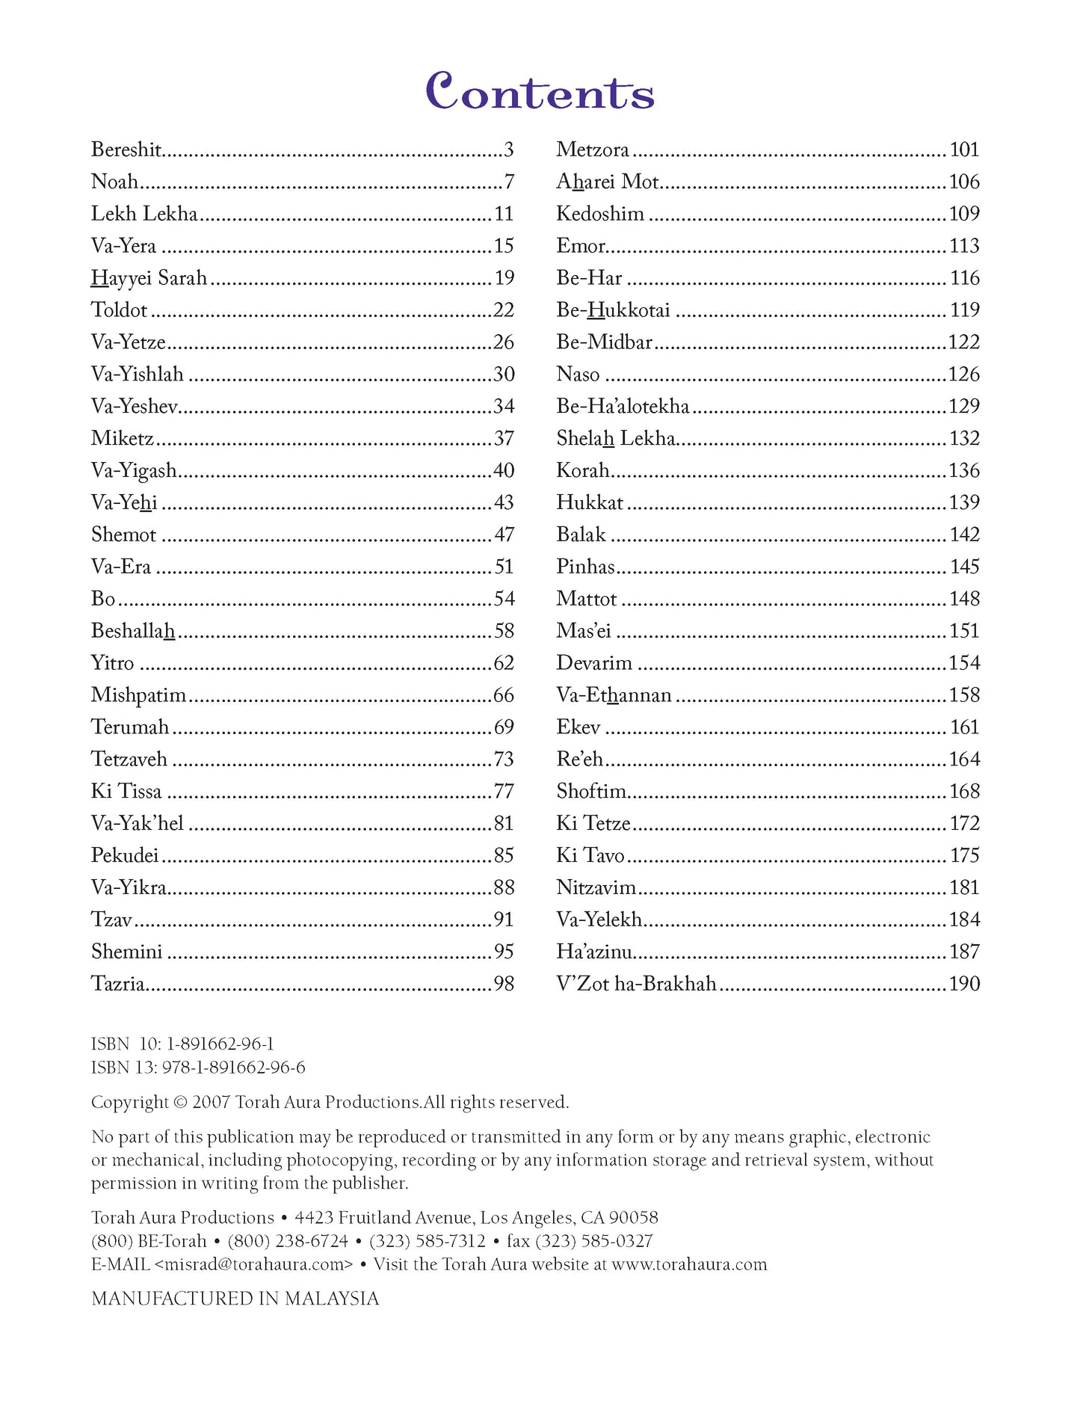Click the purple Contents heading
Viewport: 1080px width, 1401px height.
click(540, 92)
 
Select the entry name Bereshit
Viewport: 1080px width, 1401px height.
click(126, 150)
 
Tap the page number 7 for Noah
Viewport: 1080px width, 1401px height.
click(509, 182)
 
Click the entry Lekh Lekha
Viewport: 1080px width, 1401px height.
click(144, 214)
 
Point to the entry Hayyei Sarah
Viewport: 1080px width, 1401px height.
click(149, 278)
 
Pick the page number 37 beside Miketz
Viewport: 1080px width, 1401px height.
click(504, 438)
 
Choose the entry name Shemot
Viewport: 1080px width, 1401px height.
click(123, 535)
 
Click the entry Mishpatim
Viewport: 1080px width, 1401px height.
click(138, 695)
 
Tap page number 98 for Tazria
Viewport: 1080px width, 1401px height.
click(504, 984)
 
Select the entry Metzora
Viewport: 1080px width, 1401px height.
click(593, 150)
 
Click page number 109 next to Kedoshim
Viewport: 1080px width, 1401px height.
click(964, 214)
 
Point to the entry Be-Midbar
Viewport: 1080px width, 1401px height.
click(604, 342)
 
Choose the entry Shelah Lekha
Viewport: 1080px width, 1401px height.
click(616, 438)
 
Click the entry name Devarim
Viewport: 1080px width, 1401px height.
click(594, 663)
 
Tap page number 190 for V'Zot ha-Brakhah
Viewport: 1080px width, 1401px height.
click(964, 984)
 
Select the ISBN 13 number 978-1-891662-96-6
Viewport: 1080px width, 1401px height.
click(233, 1068)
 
